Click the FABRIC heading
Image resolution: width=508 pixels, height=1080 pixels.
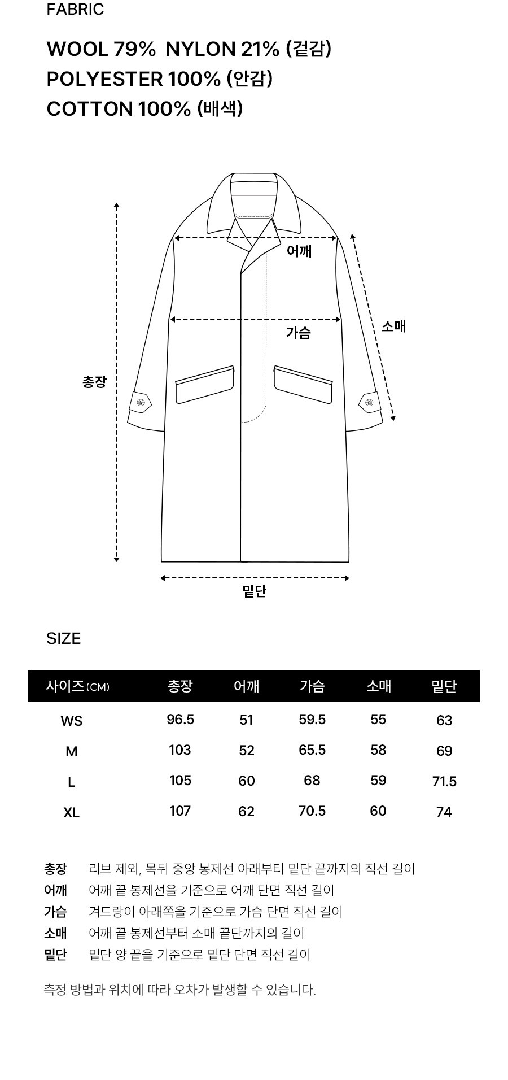pos(75,10)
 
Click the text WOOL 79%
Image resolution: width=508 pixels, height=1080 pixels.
pos(101,50)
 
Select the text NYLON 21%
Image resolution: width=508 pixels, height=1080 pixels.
pos(223,50)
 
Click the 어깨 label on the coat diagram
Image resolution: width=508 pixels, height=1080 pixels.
pos(299,251)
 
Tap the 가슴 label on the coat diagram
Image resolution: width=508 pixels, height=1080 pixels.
pos(299,333)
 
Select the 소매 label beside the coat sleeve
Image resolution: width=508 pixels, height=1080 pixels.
pos(394,326)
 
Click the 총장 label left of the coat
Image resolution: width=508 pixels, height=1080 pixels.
pos(94,382)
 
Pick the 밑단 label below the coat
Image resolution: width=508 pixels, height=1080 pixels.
pos(255,591)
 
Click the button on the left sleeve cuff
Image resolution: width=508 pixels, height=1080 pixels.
pos(141,403)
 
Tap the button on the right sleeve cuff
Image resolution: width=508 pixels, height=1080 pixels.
pos(370,403)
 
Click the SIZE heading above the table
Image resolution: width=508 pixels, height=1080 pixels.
pos(64,638)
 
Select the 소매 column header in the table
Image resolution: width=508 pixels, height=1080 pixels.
pos(379,686)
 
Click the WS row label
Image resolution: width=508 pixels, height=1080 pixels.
pos(72,721)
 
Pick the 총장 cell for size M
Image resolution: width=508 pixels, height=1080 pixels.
pos(180,750)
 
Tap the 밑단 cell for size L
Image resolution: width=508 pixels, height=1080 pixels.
pos(444,782)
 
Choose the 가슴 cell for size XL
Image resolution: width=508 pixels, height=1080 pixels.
pos(312,811)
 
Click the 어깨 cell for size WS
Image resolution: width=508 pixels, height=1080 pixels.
pos(247,720)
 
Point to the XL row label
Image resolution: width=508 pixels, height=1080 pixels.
pos(72,813)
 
